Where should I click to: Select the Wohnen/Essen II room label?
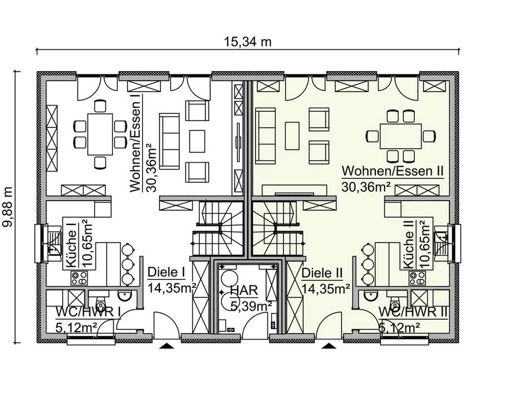[393, 171]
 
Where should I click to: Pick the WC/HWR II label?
[413, 312]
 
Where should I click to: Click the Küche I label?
[72, 245]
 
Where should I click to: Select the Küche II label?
[409, 245]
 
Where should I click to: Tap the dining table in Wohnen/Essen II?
[400, 136]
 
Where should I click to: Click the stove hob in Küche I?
[79, 278]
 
